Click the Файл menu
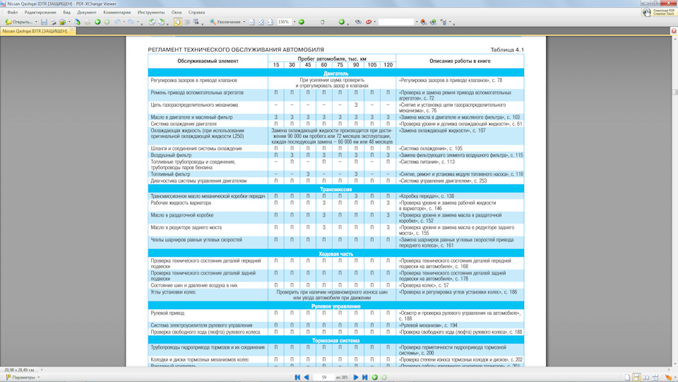[x=12, y=12]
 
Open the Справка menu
[x=197, y=12]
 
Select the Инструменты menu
[x=151, y=12]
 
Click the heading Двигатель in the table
[x=335, y=74]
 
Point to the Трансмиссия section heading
[x=335, y=190]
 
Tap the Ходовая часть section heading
[x=335, y=253]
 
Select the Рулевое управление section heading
[x=335, y=306]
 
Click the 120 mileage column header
[x=388, y=65]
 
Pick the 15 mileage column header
[x=275, y=65]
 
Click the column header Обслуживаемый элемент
[x=208, y=62]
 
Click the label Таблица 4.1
[x=507, y=50]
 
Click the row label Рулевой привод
[x=167, y=313]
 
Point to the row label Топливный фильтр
[x=170, y=174]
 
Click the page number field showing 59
[x=324, y=377]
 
